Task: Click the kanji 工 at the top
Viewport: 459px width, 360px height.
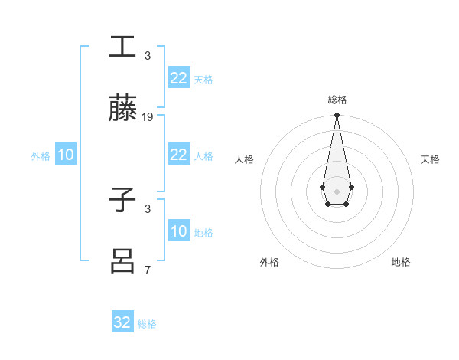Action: (x=122, y=47)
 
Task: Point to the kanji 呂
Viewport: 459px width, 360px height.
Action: (x=122, y=260)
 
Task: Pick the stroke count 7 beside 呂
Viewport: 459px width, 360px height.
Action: (x=148, y=270)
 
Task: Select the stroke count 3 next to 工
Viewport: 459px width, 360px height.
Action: (x=148, y=56)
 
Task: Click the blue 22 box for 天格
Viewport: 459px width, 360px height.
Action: (x=178, y=78)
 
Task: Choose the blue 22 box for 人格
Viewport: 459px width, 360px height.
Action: (x=178, y=155)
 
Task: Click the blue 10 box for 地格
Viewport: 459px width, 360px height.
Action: (x=178, y=231)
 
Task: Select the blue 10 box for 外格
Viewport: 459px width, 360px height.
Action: (x=66, y=155)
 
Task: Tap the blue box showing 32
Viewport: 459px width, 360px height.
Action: (x=122, y=322)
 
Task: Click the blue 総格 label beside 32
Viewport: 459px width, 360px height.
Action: (x=147, y=324)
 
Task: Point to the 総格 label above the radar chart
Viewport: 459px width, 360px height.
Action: (x=337, y=100)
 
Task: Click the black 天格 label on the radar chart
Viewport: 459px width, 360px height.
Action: (x=430, y=159)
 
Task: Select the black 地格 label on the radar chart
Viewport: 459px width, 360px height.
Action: (x=401, y=262)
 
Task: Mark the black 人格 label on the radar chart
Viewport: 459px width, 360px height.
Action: (x=245, y=159)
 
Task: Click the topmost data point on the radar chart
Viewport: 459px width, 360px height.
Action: (x=337, y=116)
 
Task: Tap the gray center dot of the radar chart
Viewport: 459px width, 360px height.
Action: (x=337, y=191)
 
